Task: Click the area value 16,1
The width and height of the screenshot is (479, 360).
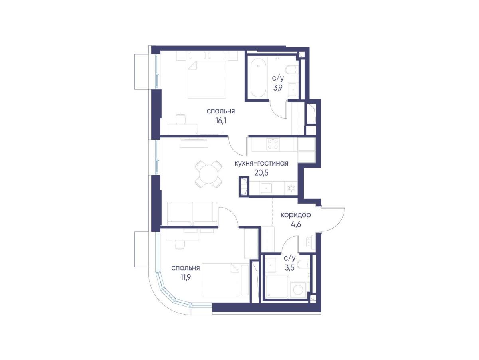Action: tap(221, 120)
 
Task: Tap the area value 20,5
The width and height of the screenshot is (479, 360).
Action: tap(261, 173)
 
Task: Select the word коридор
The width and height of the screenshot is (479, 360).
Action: tap(296, 215)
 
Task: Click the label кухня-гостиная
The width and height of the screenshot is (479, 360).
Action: tap(261, 163)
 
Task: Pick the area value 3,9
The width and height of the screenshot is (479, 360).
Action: tap(278, 88)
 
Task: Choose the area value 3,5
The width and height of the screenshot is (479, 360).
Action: tap(289, 268)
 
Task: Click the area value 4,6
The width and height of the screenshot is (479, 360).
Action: tap(296, 224)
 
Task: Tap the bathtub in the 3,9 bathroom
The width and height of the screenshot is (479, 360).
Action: tap(258, 79)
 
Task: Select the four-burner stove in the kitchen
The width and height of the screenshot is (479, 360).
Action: tap(273, 144)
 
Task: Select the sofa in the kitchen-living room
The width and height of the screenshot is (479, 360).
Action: tap(192, 214)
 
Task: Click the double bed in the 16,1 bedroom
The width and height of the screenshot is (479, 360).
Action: tap(207, 74)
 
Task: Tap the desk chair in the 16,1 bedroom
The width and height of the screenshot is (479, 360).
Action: tap(181, 119)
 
